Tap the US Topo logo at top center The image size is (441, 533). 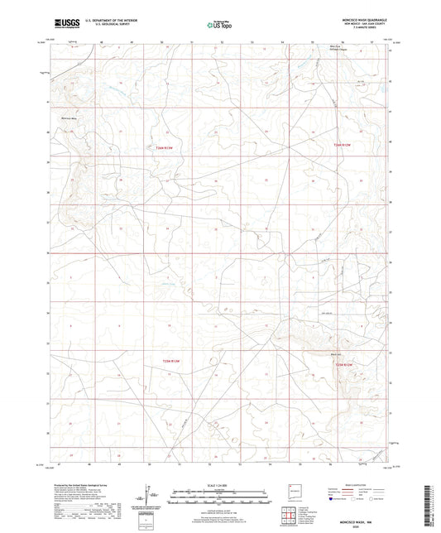point(219,25)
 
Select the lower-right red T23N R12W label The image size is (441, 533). point(343,363)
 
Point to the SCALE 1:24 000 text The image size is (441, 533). point(218,484)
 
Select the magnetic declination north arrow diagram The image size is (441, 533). point(151,498)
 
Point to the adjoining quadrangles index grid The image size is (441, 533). point(289,517)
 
